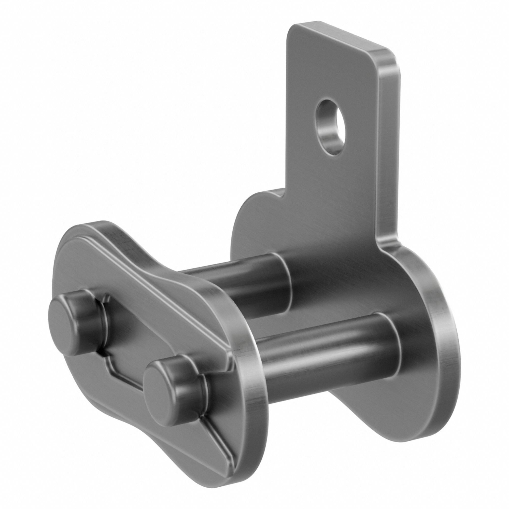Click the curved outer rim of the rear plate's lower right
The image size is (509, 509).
445,369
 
